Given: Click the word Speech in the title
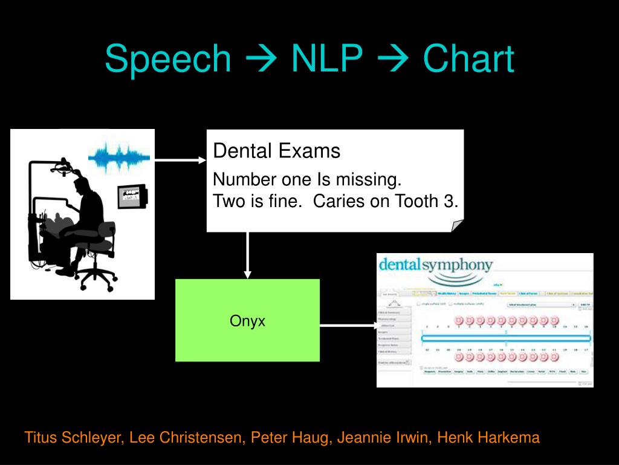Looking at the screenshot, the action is coord(167,59).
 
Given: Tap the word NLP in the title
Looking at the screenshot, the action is coord(326,59).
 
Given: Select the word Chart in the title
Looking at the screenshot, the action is coord(468,59).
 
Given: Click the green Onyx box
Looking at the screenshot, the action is coord(247,320).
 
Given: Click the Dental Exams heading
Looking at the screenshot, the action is coord(277,151).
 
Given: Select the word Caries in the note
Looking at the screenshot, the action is coord(339,202).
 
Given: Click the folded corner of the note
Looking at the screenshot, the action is coord(457,225).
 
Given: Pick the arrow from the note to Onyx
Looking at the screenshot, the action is coord(247,256).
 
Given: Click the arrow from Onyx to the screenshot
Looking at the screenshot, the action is coord(348,325).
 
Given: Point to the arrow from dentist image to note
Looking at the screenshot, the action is coord(180,160).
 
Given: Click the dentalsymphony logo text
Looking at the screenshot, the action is coord(435,265).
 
